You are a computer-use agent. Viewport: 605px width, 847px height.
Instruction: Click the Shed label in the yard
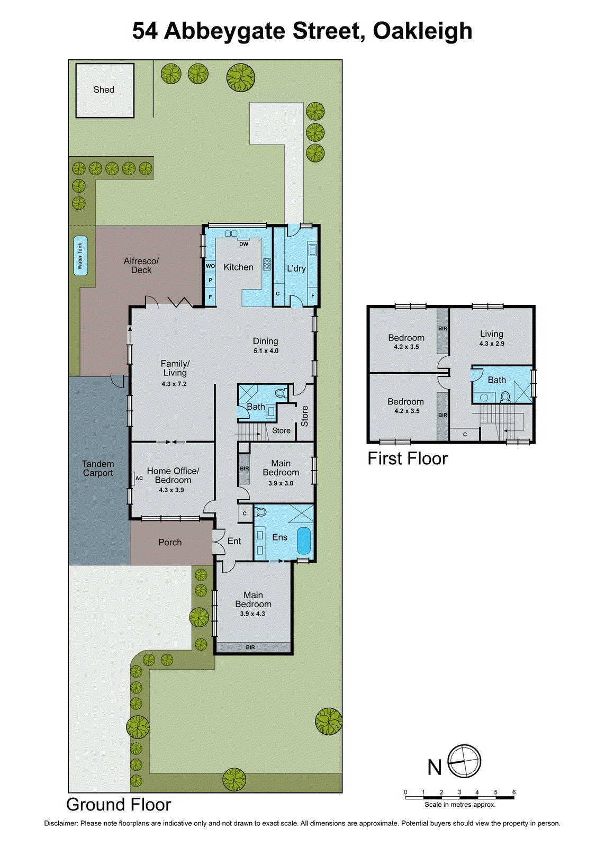pos(104,90)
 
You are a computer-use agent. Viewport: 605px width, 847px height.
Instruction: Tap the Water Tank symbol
pos(80,256)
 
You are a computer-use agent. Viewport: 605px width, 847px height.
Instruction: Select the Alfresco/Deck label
pos(141,266)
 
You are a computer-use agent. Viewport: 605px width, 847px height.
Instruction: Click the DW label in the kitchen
pos(243,244)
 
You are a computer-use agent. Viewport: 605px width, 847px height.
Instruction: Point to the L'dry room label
pos(296,268)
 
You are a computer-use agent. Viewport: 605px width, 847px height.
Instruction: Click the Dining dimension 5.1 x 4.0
pos(266,351)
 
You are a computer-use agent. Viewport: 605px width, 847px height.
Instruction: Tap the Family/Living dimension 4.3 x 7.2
pos(174,384)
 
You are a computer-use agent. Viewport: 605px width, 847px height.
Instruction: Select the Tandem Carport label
pos(98,468)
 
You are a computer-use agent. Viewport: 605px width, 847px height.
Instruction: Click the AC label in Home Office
pos(139,478)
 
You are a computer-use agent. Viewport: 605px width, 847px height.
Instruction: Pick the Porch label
pos(170,543)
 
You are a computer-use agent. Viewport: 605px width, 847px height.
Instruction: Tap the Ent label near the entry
pos(234,541)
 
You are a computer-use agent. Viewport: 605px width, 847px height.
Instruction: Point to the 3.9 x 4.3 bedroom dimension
pos(252,614)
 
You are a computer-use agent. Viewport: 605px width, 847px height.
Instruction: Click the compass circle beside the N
pos(464,761)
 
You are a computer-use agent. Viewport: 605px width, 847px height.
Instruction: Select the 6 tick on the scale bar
pos(513,792)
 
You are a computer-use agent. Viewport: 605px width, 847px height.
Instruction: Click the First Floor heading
pos(408,458)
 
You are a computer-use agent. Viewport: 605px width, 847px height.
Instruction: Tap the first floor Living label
pos(492,334)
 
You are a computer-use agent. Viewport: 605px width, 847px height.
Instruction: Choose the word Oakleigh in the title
pos(422,31)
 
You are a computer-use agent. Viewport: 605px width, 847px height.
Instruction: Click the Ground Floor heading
pos(119,805)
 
